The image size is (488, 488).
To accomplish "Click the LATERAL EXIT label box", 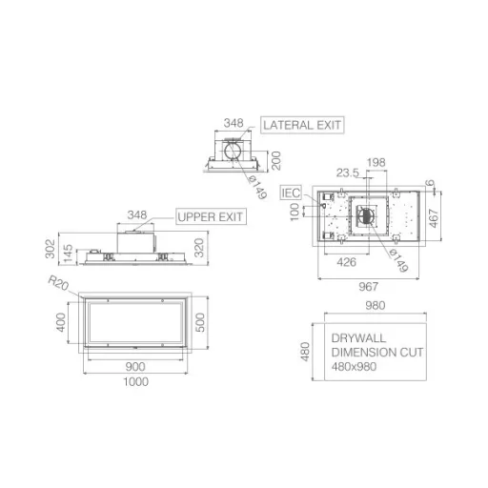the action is pyautogui.click(x=302, y=125).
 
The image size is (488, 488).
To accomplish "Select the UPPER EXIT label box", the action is pyautogui.click(x=211, y=216).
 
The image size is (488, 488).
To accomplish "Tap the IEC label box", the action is pyautogui.click(x=291, y=193).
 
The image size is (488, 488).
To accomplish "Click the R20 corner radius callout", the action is pyautogui.click(x=58, y=283).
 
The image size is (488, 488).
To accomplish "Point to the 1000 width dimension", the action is pyautogui.click(x=135, y=381).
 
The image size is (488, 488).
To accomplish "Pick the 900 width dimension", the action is pyautogui.click(x=135, y=367).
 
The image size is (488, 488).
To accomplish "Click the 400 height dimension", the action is pyautogui.click(x=61, y=322).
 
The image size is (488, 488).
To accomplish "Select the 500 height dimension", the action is pyautogui.click(x=200, y=322).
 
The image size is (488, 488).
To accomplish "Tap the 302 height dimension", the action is pyautogui.click(x=51, y=249).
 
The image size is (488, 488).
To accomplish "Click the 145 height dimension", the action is pyautogui.click(x=69, y=254).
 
